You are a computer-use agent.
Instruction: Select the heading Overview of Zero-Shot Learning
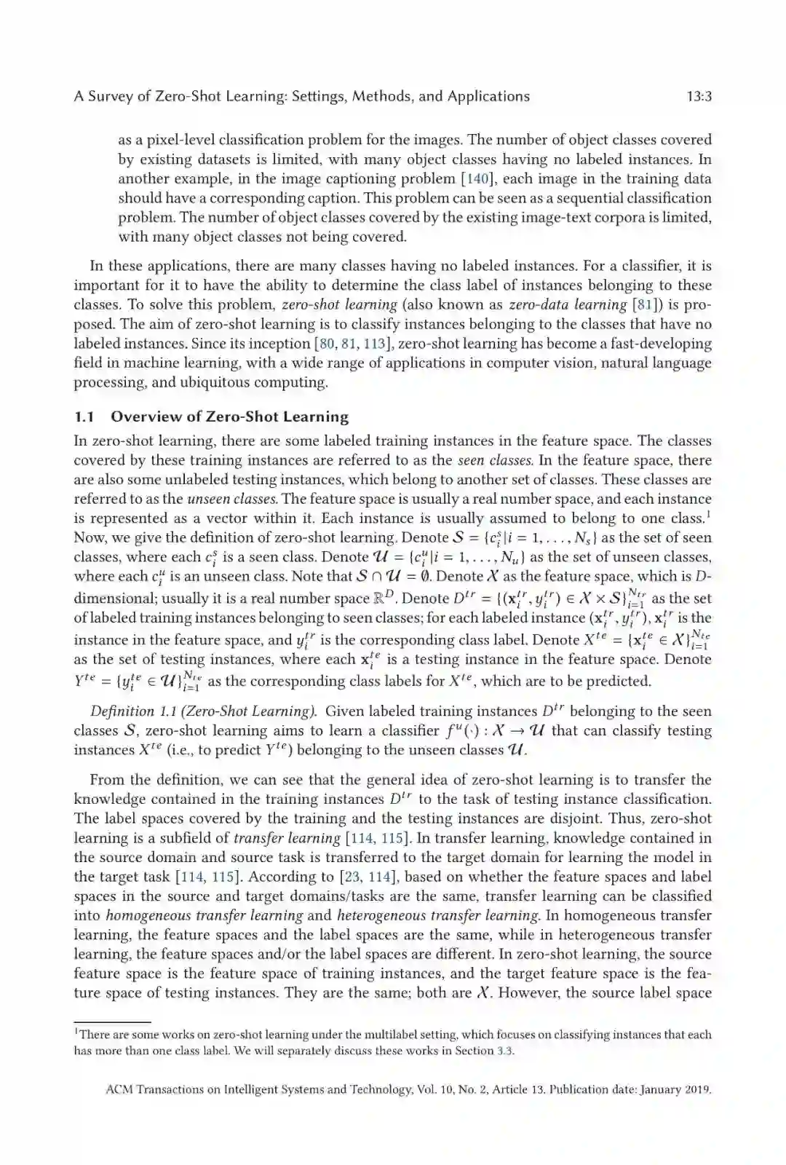(x=229, y=416)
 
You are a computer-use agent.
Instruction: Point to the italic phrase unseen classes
(x=232, y=499)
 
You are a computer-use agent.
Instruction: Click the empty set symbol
(x=429, y=576)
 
